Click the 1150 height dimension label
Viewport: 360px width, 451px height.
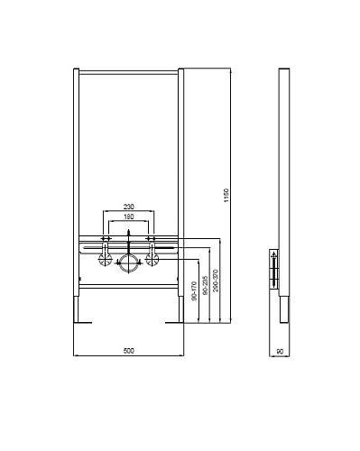point(226,196)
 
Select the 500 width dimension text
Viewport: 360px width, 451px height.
point(129,351)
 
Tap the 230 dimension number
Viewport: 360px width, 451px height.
point(129,207)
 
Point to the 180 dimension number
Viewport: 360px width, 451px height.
point(129,216)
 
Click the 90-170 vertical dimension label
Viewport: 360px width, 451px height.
point(194,291)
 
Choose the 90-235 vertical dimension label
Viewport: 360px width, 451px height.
point(205,286)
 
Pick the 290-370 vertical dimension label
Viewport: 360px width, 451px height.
point(216,281)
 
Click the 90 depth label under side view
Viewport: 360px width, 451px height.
point(280,351)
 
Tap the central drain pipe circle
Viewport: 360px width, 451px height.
point(129,263)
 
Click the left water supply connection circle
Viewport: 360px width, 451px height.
point(106,260)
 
